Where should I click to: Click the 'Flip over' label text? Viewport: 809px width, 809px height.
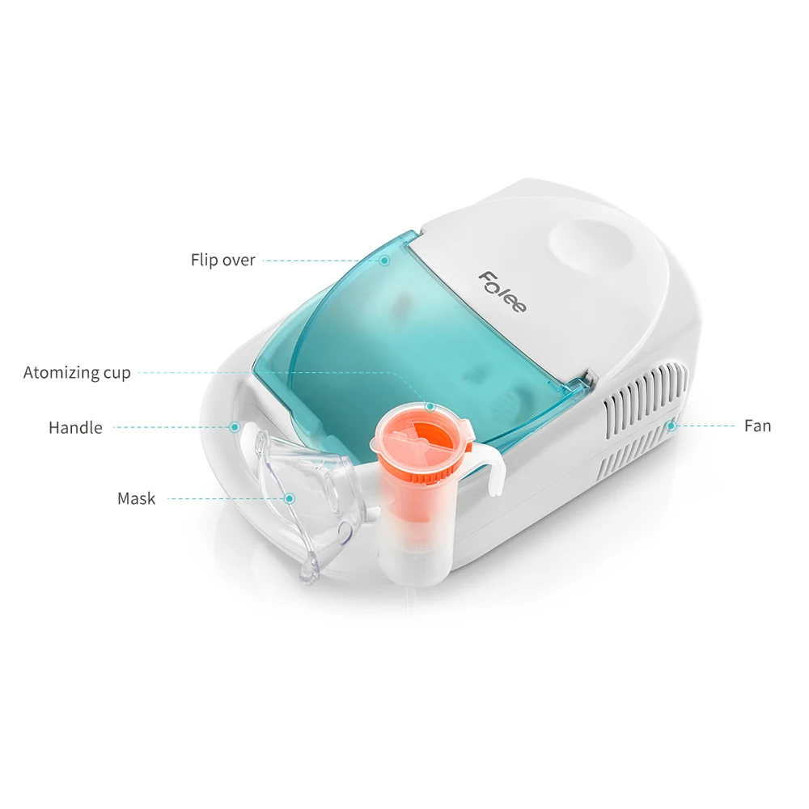pos(222,260)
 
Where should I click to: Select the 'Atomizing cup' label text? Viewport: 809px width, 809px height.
pos(77,373)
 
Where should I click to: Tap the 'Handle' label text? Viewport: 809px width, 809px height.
pos(75,427)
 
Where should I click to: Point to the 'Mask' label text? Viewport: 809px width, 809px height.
pos(136,498)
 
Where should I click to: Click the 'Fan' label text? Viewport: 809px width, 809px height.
pos(757,426)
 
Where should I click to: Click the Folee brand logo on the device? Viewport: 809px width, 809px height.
pos(502,292)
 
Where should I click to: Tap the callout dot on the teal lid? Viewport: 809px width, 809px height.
pos(384,260)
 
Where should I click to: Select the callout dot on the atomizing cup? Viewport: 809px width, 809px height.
pos(430,406)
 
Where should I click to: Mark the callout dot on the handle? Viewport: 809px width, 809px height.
pos(235,426)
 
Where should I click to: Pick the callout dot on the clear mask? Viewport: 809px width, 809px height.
pos(288,498)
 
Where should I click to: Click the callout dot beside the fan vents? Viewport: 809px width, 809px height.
pos(671,425)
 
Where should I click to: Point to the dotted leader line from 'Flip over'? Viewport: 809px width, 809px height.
pos(320,260)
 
